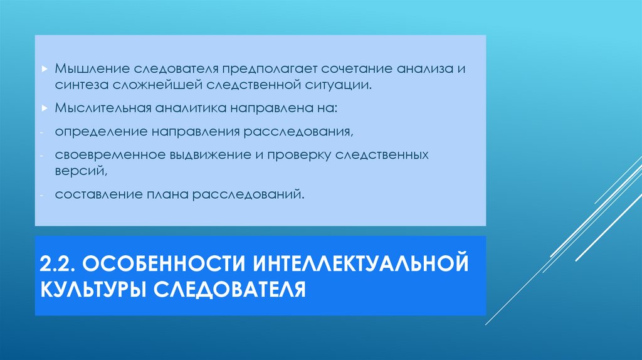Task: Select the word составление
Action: (93, 194)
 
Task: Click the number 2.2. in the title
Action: (58, 262)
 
